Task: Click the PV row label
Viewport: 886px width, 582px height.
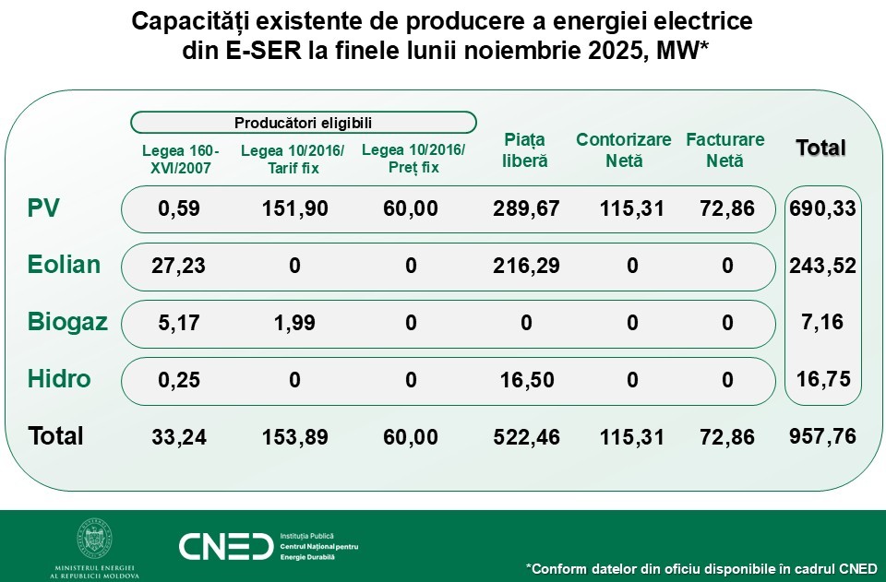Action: (x=44, y=208)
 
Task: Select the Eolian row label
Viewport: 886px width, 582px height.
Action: (x=64, y=266)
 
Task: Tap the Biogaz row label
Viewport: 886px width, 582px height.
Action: (x=67, y=323)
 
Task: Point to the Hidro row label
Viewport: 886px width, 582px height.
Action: (x=59, y=379)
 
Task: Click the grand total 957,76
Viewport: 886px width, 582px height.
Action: (x=823, y=436)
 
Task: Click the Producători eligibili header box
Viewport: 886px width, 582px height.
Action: (x=304, y=123)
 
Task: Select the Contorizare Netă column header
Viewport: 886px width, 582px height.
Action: (x=624, y=150)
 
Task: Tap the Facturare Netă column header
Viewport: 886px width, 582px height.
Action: (x=725, y=150)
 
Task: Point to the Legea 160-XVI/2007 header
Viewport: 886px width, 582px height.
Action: (x=181, y=160)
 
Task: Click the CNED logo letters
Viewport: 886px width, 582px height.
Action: (x=225, y=547)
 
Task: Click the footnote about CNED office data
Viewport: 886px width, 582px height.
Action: (x=701, y=567)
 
